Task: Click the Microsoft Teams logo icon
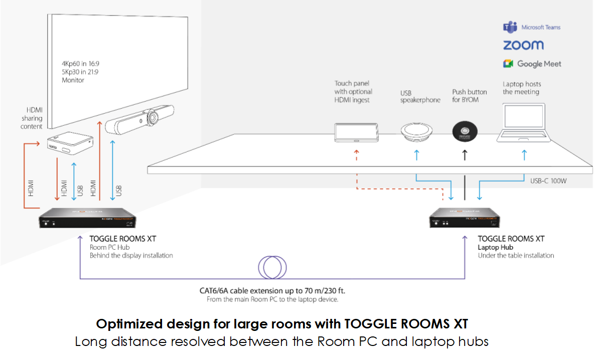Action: pos(510,27)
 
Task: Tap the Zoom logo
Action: pos(523,45)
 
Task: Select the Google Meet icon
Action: pos(509,64)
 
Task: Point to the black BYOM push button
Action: pos(465,131)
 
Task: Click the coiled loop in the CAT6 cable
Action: pos(271,267)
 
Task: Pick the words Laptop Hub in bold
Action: pos(495,247)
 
